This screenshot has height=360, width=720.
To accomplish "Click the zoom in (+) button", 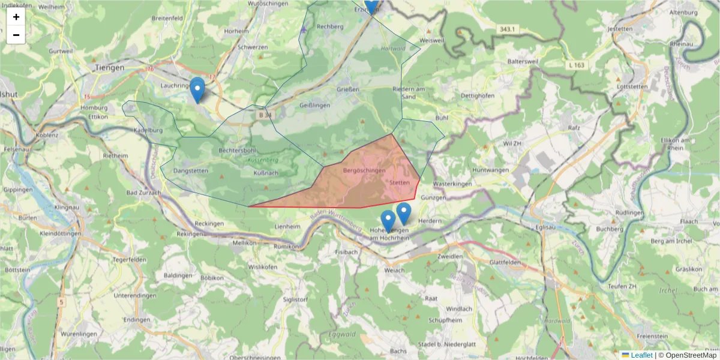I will (x=16, y=17).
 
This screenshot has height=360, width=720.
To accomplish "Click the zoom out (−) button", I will (x=16, y=35).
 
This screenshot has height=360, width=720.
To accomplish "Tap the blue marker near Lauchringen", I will (x=197, y=91).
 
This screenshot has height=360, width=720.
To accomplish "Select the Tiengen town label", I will (x=109, y=68).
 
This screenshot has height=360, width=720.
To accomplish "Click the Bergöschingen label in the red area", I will (x=364, y=171).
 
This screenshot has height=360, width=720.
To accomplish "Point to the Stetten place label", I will (x=399, y=182).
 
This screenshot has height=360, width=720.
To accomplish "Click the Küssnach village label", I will (x=266, y=173).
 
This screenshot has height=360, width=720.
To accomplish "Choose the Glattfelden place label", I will (x=505, y=262).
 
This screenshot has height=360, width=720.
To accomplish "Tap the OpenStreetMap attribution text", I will (x=689, y=355).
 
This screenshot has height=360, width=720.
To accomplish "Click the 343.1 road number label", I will (x=507, y=29).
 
